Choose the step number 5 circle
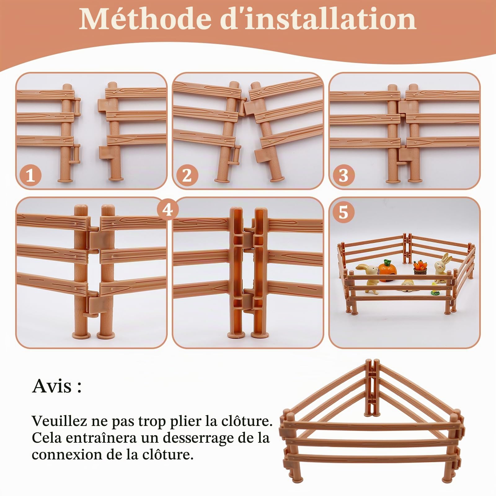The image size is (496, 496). point(343,212)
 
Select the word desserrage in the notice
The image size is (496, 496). point(197,438)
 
